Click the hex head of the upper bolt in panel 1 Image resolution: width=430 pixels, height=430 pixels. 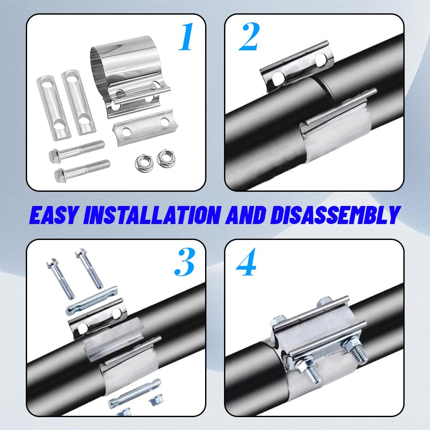(x=55, y=155)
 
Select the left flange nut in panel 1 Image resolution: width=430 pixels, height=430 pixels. (x=142, y=162)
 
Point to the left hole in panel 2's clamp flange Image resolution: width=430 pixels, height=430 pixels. (x=278, y=77)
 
